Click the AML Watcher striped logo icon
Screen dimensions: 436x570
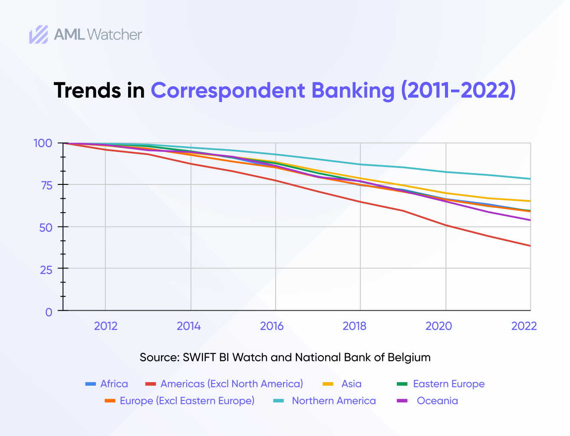[39, 34]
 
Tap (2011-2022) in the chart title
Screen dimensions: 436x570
[458, 90]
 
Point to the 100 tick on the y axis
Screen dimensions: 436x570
[43, 143]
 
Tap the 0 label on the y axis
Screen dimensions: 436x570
[49, 312]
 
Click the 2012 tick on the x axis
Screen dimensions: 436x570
[105, 326]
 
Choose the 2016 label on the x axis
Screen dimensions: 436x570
[272, 326]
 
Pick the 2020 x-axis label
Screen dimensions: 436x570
[438, 326]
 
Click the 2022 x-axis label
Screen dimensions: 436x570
[524, 326]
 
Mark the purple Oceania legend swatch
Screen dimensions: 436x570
[402, 400]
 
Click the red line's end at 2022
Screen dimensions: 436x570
[530, 246]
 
